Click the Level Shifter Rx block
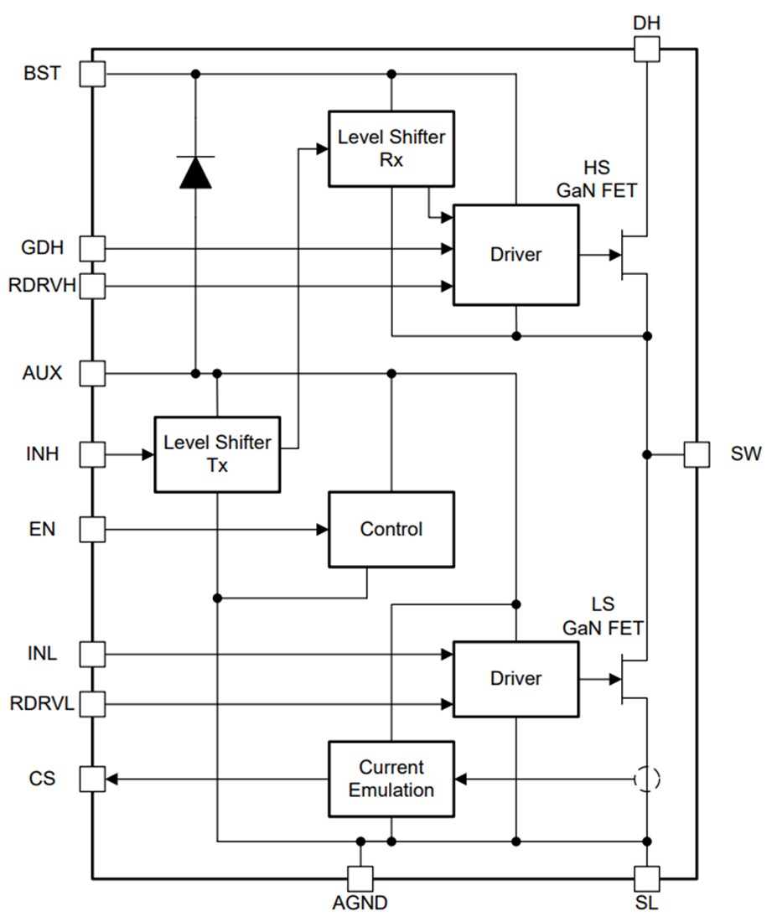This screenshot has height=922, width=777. (391, 148)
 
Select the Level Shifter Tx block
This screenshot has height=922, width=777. (217, 453)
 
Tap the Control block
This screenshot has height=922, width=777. (391, 529)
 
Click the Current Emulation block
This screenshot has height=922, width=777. (391, 779)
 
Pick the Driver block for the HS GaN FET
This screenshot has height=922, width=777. (515, 255)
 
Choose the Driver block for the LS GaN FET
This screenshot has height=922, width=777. (515, 678)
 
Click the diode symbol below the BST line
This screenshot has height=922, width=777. (196, 172)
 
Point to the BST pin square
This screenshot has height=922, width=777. (92, 74)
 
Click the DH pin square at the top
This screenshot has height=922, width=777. (646, 49)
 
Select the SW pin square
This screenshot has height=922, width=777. (697, 454)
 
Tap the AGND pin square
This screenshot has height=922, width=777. (360, 878)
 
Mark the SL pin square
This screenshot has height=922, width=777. (646, 878)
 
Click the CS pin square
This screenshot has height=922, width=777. (92, 780)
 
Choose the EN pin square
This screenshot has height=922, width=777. (92, 529)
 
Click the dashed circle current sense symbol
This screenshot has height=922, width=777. (646, 780)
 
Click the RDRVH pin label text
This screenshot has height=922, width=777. (43, 287)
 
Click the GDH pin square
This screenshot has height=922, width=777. (92, 248)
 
